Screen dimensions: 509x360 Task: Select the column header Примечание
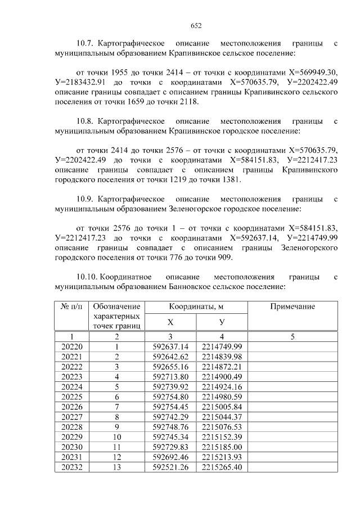pos(292,307)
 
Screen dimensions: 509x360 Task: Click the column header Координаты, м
pos(197,307)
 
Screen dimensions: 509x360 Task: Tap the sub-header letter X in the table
pos(170,322)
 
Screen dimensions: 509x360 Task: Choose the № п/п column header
pos(71,307)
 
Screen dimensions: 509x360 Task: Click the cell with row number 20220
pos(71,346)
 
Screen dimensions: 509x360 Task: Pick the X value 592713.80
pos(170,376)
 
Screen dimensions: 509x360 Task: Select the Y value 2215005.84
pos(222,407)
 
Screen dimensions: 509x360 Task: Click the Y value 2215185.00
pos(222,447)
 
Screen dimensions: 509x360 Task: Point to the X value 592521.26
pos(170,467)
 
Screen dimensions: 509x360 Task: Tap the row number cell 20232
pos(71,467)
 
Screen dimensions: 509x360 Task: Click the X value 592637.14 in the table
pos(170,346)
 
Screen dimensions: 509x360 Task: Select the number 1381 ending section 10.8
pos(231,181)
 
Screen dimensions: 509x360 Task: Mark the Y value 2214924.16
pos(222,386)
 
